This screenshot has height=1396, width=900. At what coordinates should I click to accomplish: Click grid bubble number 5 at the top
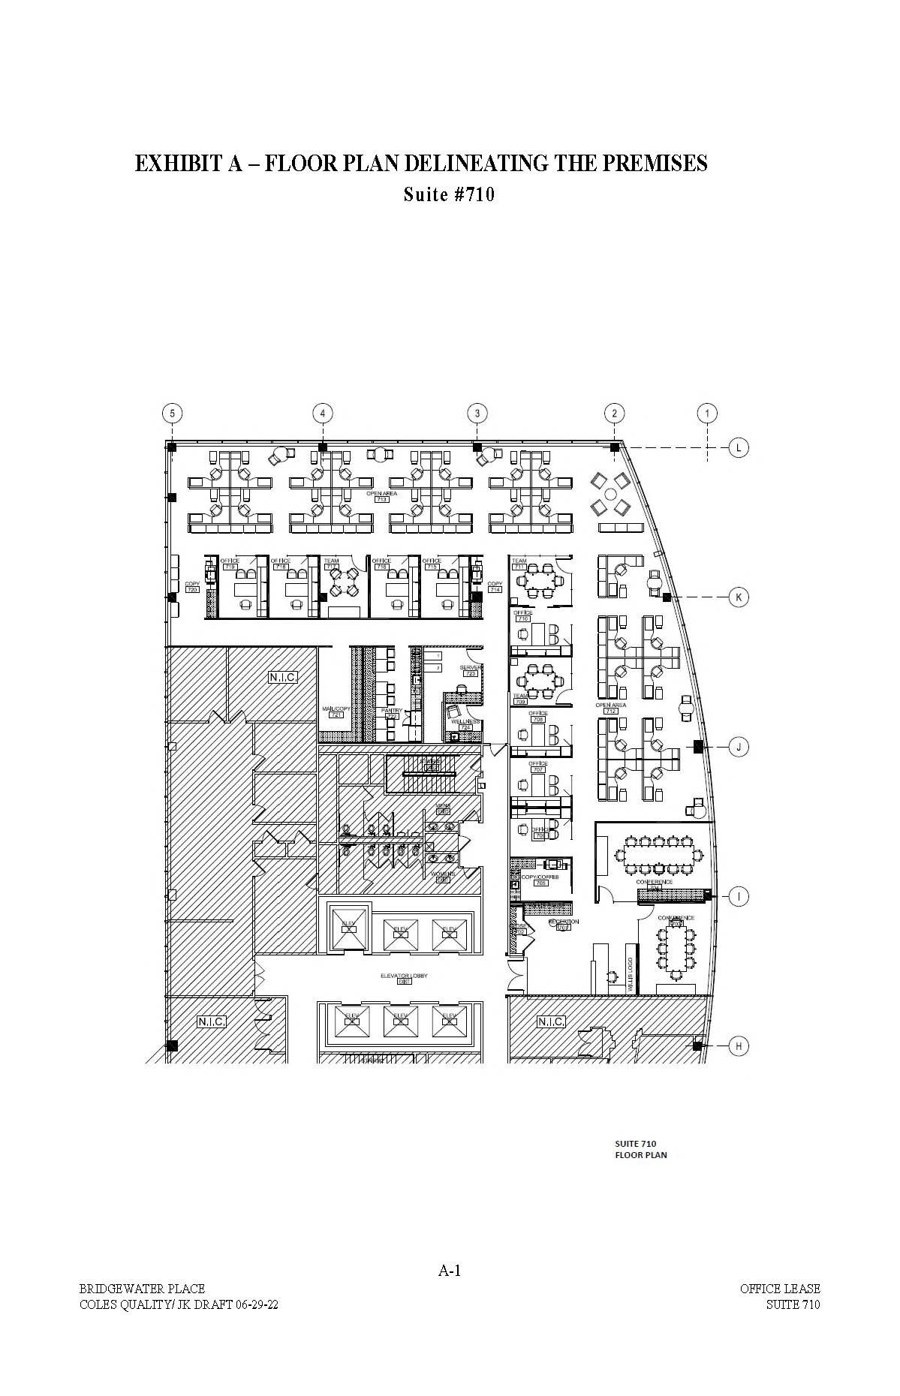tap(172, 413)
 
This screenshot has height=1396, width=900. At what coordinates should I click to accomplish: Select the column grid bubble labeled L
tap(739, 448)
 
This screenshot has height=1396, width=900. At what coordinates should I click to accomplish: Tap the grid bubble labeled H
tap(739, 1046)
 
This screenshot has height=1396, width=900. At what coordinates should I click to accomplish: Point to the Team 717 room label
tap(331, 564)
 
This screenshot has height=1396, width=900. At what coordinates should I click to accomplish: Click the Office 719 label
tap(230, 564)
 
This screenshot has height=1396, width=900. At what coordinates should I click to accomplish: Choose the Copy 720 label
tap(192, 587)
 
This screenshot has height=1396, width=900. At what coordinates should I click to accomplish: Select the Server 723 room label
tap(471, 670)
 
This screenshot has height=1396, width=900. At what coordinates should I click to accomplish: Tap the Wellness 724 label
tap(465, 724)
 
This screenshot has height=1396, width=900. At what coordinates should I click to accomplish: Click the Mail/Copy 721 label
tap(336, 712)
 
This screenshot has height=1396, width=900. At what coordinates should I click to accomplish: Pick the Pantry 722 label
tap(392, 713)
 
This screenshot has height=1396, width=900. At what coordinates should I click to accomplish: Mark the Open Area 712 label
tap(611, 708)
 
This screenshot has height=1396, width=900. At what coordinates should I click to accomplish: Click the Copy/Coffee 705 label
tap(540, 880)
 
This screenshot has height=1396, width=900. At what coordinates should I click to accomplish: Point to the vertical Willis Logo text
tap(631, 974)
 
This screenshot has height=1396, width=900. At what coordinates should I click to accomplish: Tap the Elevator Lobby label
tap(404, 978)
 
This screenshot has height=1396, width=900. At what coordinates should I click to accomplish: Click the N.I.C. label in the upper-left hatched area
tap(283, 677)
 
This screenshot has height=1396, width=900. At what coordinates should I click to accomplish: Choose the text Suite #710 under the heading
tap(449, 194)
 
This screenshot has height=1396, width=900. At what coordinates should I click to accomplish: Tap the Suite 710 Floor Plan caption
tap(640, 1149)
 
